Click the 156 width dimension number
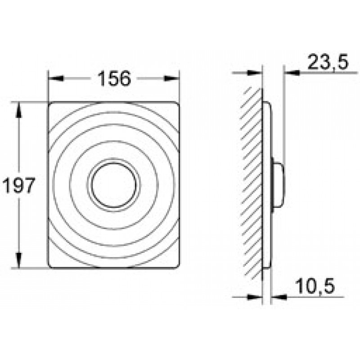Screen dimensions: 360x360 tap(114, 78)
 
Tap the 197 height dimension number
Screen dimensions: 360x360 tap(19, 185)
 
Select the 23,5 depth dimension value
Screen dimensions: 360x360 tap(328, 62)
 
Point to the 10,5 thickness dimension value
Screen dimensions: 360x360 tap(315, 286)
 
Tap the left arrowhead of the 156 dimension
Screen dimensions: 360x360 tap(55, 78)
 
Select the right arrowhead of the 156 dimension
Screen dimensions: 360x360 tap(171, 78)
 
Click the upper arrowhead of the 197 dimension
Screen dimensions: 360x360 tap(19, 110)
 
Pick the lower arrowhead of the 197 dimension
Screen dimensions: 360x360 tap(19, 260)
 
